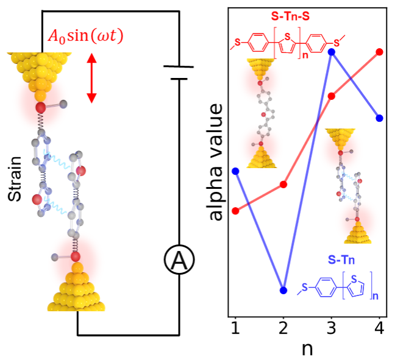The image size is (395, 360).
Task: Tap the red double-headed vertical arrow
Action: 91,78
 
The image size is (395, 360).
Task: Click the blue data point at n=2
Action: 283,290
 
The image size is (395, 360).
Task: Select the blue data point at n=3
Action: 332,52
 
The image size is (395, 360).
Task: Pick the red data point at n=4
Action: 380,52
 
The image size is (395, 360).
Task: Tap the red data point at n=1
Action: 235,211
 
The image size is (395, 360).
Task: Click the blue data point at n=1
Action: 235,171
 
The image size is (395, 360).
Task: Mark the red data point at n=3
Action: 332,96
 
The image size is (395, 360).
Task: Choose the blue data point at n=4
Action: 380,118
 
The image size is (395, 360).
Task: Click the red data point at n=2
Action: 283,184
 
